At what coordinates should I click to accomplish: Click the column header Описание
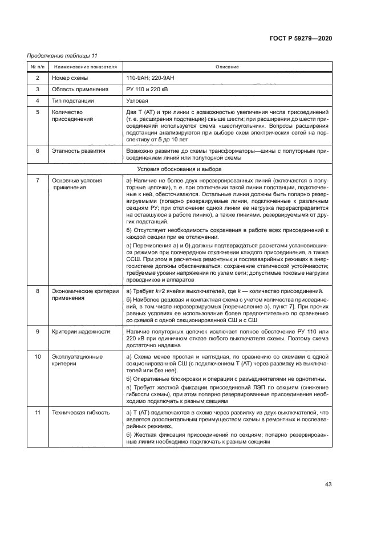tap(227, 67)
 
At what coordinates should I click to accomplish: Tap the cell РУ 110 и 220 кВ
tap(147, 89)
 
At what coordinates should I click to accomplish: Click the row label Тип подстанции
tap(72, 101)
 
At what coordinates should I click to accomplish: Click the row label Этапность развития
tap(78, 151)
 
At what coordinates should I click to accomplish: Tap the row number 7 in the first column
tap(38, 180)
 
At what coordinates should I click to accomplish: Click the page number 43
tap(328, 485)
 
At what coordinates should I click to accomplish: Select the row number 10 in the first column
tap(38, 357)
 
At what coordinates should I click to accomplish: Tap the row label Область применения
tap(80, 89)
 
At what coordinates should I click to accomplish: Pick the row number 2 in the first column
tap(38, 78)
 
